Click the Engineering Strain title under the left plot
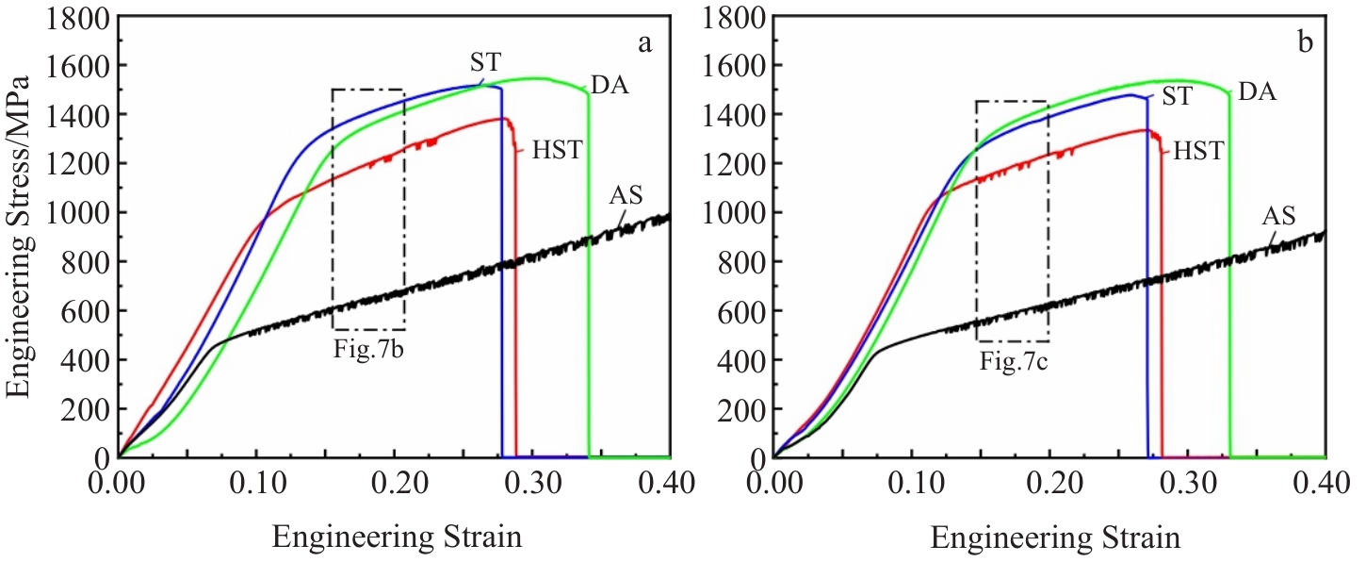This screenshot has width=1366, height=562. pyautogui.click(x=397, y=537)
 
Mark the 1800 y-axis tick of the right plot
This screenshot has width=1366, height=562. pyautogui.click(x=734, y=17)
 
